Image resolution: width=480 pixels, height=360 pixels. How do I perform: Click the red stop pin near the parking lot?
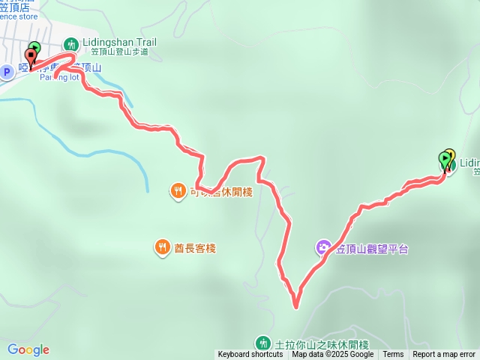point(31,55)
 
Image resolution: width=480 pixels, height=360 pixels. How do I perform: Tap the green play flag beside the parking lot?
point(35,49)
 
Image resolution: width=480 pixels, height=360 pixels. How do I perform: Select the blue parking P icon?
point(7,71)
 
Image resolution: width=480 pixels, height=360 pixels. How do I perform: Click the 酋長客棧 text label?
point(196,247)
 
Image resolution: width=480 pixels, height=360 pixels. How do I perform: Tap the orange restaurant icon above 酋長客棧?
point(177,191)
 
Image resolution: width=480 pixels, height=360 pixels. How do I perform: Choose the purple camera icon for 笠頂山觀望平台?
point(323,247)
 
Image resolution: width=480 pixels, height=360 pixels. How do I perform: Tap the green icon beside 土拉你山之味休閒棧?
point(262,343)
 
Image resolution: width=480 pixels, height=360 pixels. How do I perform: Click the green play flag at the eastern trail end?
point(443,159)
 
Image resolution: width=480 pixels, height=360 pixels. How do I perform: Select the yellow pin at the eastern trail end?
point(450,156)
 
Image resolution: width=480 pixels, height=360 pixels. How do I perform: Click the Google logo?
point(28,349)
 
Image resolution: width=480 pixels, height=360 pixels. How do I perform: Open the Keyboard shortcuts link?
point(250,355)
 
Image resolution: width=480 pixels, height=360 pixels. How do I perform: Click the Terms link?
point(393,355)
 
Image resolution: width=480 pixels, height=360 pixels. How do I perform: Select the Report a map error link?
point(444,355)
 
